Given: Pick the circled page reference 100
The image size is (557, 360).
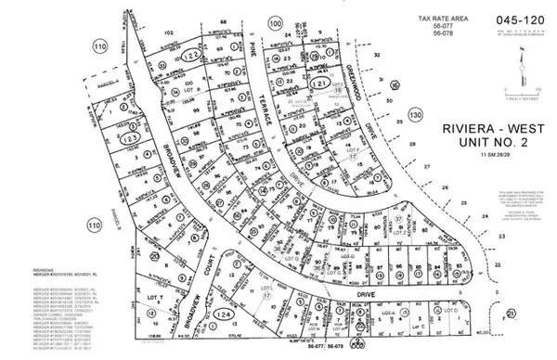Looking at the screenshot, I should tap(274, 23).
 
